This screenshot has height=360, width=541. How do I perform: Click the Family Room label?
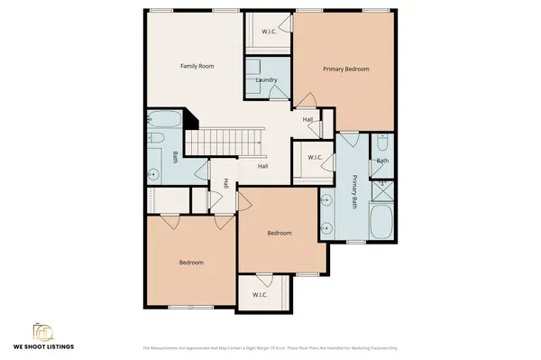pyautogui.click(x=196, y=66)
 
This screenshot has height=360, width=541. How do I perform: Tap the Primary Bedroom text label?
pyautogui.click(x=346, y=69)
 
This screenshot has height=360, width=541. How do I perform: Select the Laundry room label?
pyautogui.click(x=266, y=80)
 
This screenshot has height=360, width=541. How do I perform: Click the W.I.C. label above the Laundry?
pyautogui.click(x=269, y=32)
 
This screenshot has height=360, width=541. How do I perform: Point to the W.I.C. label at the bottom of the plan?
pyautogui.click(x=261, y=294)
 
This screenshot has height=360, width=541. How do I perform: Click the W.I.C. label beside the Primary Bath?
pyautogui.click(x=315, y=158)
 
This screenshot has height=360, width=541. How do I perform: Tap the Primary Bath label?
pyautogui.click(x=354, y=190)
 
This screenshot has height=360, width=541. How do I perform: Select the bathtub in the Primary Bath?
pyautogui.click(x=382, y=222)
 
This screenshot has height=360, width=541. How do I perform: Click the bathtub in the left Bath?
pyautogui.click(x=166, y=120)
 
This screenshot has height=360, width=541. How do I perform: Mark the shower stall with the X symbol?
pyautogui.click(x=383, y=189)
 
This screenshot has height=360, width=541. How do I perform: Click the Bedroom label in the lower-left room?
pyautogui.click(x=191, y=263)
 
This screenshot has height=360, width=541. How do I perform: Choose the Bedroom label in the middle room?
pyautogui.click(x=280, y=233)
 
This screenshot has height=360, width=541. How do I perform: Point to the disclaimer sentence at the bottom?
pyautogui.click(x=270, y=347)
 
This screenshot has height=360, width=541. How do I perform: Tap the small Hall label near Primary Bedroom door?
pyautogui.click(x=307, y=119)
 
